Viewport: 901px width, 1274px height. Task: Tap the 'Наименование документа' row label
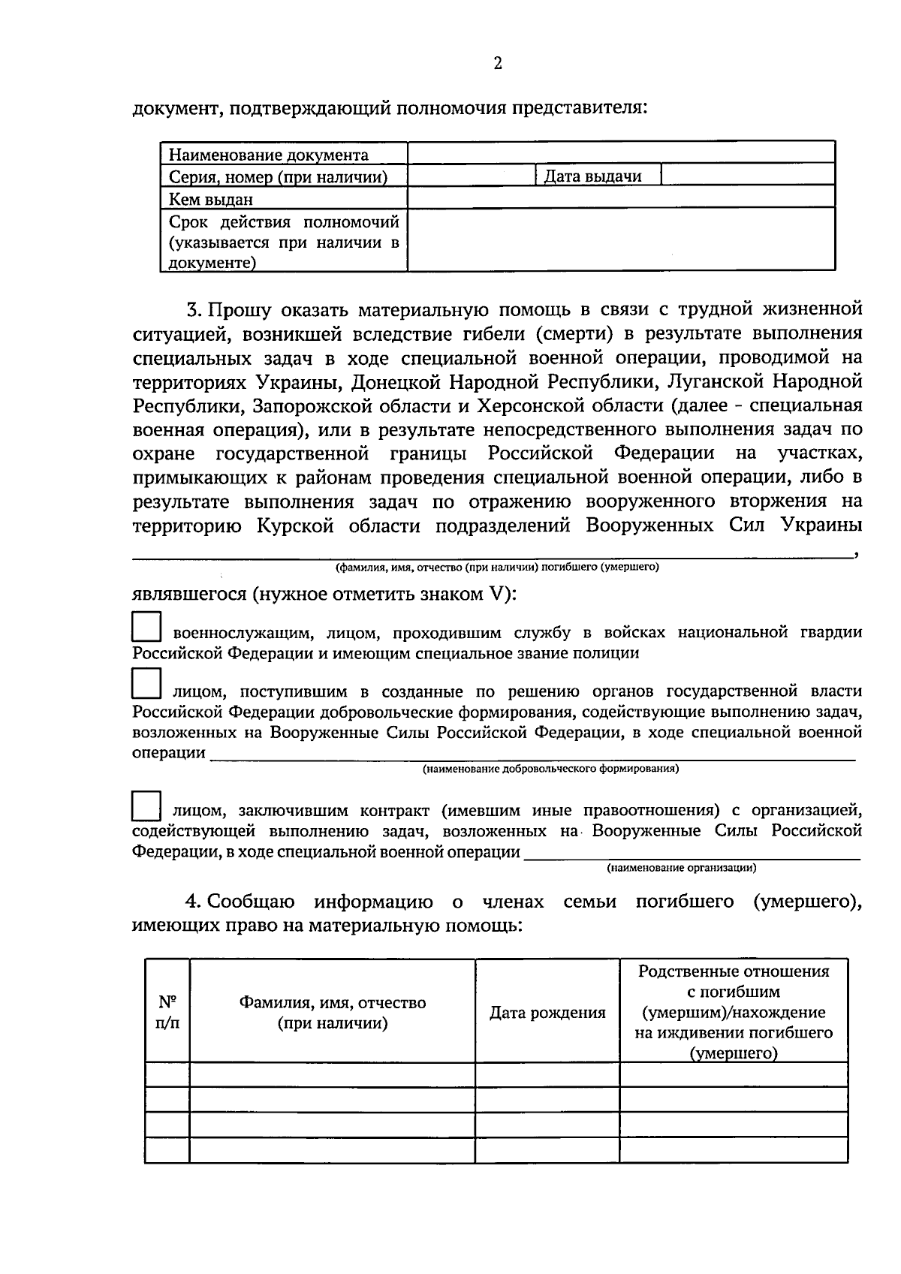(268, 155)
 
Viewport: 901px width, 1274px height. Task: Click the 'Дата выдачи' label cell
(592, 176)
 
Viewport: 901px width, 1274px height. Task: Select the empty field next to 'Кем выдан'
(621, 198)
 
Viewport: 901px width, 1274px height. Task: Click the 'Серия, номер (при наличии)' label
(278, 177)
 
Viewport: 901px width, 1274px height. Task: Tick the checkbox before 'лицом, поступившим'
(146, 684)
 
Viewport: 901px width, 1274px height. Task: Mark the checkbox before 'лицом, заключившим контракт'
(146, 805)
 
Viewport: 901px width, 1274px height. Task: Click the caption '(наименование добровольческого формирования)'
(550, 769)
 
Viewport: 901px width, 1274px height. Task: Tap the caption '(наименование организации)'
(681, 868)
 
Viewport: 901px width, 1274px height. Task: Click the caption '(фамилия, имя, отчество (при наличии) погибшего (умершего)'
(497, 568)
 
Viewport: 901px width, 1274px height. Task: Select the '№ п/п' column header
(167, 1012)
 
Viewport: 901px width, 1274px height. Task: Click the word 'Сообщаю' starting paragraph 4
(251, 902)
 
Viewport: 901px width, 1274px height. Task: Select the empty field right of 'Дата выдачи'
(748, 176)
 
